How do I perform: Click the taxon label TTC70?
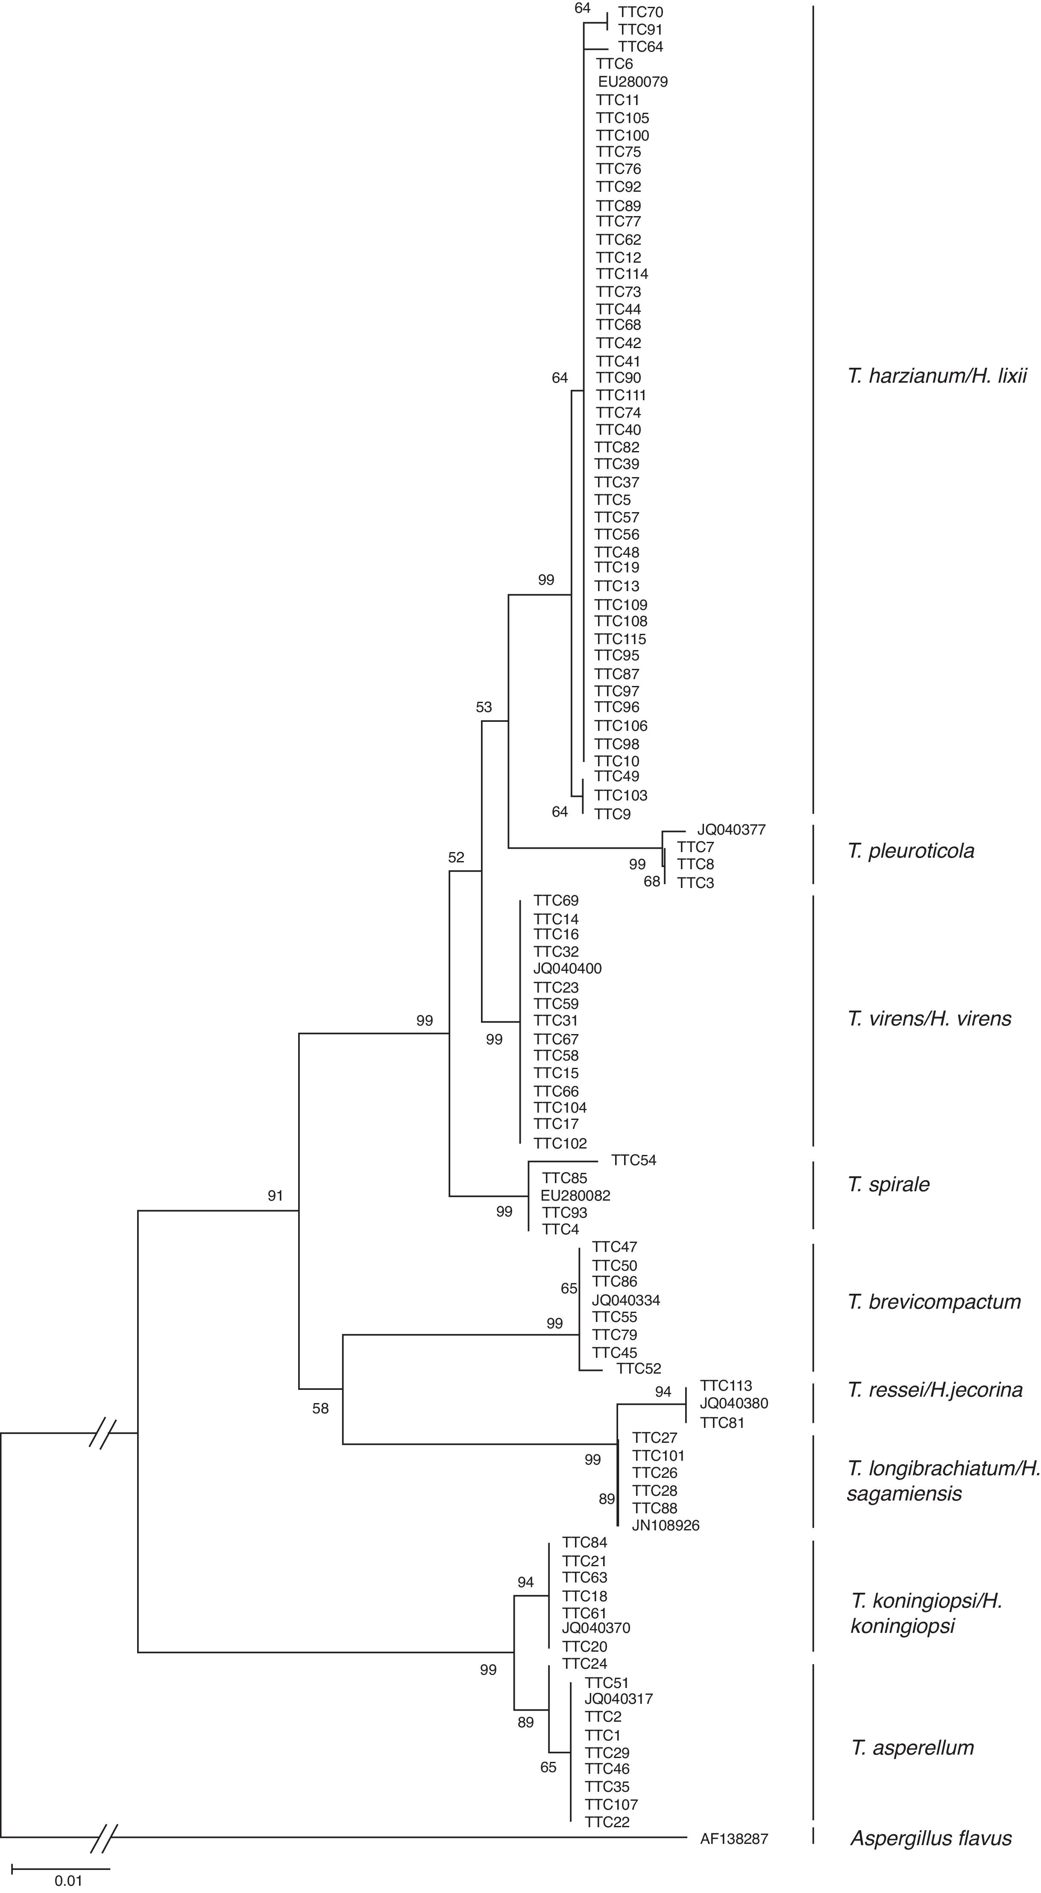640,12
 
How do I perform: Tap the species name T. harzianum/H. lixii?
937,377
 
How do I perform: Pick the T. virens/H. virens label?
929,1019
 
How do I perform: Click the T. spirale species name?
888,1184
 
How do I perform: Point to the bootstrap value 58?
320,1409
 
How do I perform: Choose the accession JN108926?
666,1526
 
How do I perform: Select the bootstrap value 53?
483,708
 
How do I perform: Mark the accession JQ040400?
567,969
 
